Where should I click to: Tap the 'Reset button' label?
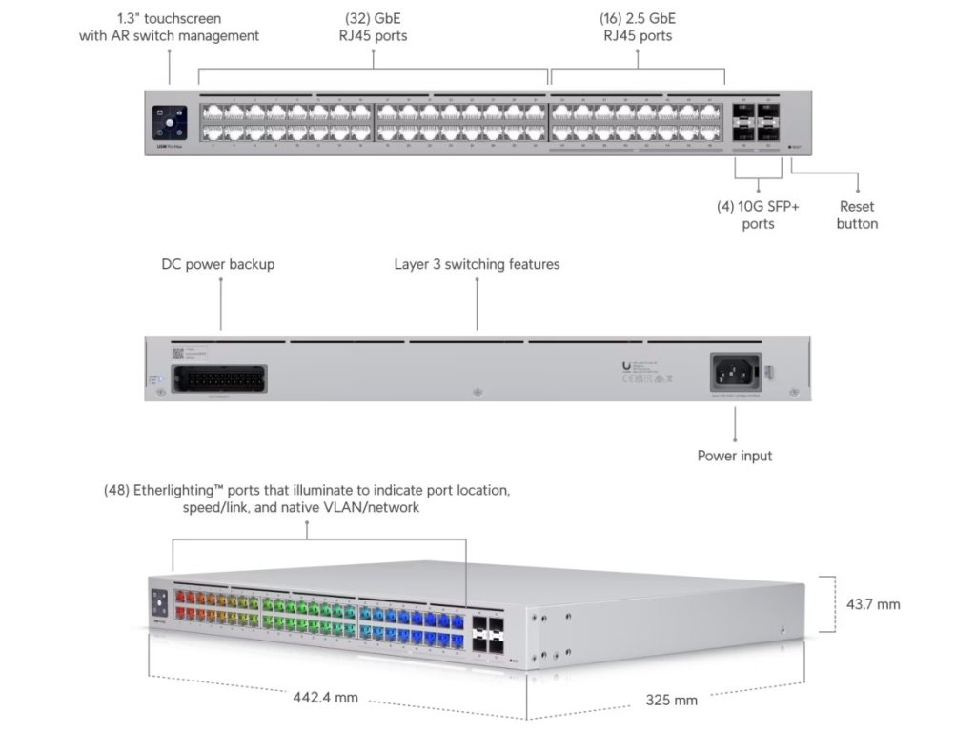pos(857,214)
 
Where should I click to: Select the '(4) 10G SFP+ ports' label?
pos(758,214)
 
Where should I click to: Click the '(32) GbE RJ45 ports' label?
pos(372,27)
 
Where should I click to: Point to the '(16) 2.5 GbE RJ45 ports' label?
pos(637,27)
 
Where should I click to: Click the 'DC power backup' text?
pos(217,264)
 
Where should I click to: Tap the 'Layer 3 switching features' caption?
pos(477,264)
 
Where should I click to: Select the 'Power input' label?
pos(734,456)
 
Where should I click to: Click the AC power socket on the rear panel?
pos(735,371)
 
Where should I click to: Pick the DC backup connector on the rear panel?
pos(222,378)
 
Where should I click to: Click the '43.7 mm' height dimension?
pos(872,603)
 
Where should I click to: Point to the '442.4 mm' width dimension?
pos(325,697)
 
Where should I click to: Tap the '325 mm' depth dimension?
pos(672,700)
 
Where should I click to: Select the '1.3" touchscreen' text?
pos(169,18)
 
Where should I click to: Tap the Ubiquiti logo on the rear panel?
pos(625,365)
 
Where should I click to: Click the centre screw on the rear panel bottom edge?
pos(478,392)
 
